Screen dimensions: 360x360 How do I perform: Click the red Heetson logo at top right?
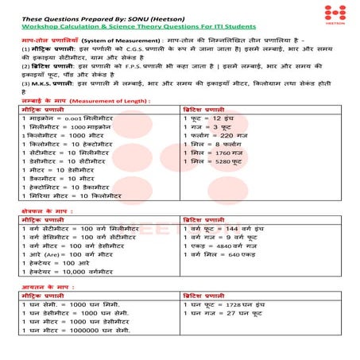[335, 14]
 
